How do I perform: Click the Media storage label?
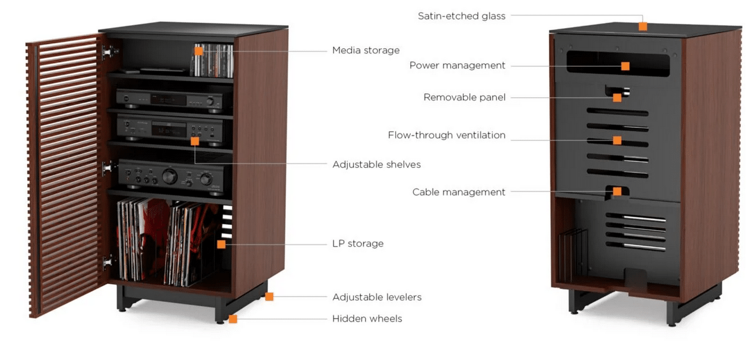[x=366, y=51]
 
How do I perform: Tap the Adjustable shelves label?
[x=376, y=164]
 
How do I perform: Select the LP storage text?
[x=358, y=244]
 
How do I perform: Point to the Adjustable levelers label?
[x=377, y=297]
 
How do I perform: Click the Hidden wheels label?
[x=367, y=319]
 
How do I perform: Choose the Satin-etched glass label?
[x=461, y=16]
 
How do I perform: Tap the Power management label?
[x=457, y=66]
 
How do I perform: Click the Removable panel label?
[x=464, y=97]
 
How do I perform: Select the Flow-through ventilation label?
[x=446, y=136]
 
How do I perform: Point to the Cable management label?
[x=458, y=192]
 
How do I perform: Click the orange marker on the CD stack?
[x=198, y=51]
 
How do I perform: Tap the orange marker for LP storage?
[x=221, y=244]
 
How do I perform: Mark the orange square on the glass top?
[x=642, y=26]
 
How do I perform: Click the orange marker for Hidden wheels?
[x=233, y=319]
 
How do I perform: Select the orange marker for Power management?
[x=625, y=66]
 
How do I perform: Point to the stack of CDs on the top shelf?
[x=214, y=60]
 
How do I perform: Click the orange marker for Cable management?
[x=617, y=192]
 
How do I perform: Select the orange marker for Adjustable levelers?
[x=269, y=297]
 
